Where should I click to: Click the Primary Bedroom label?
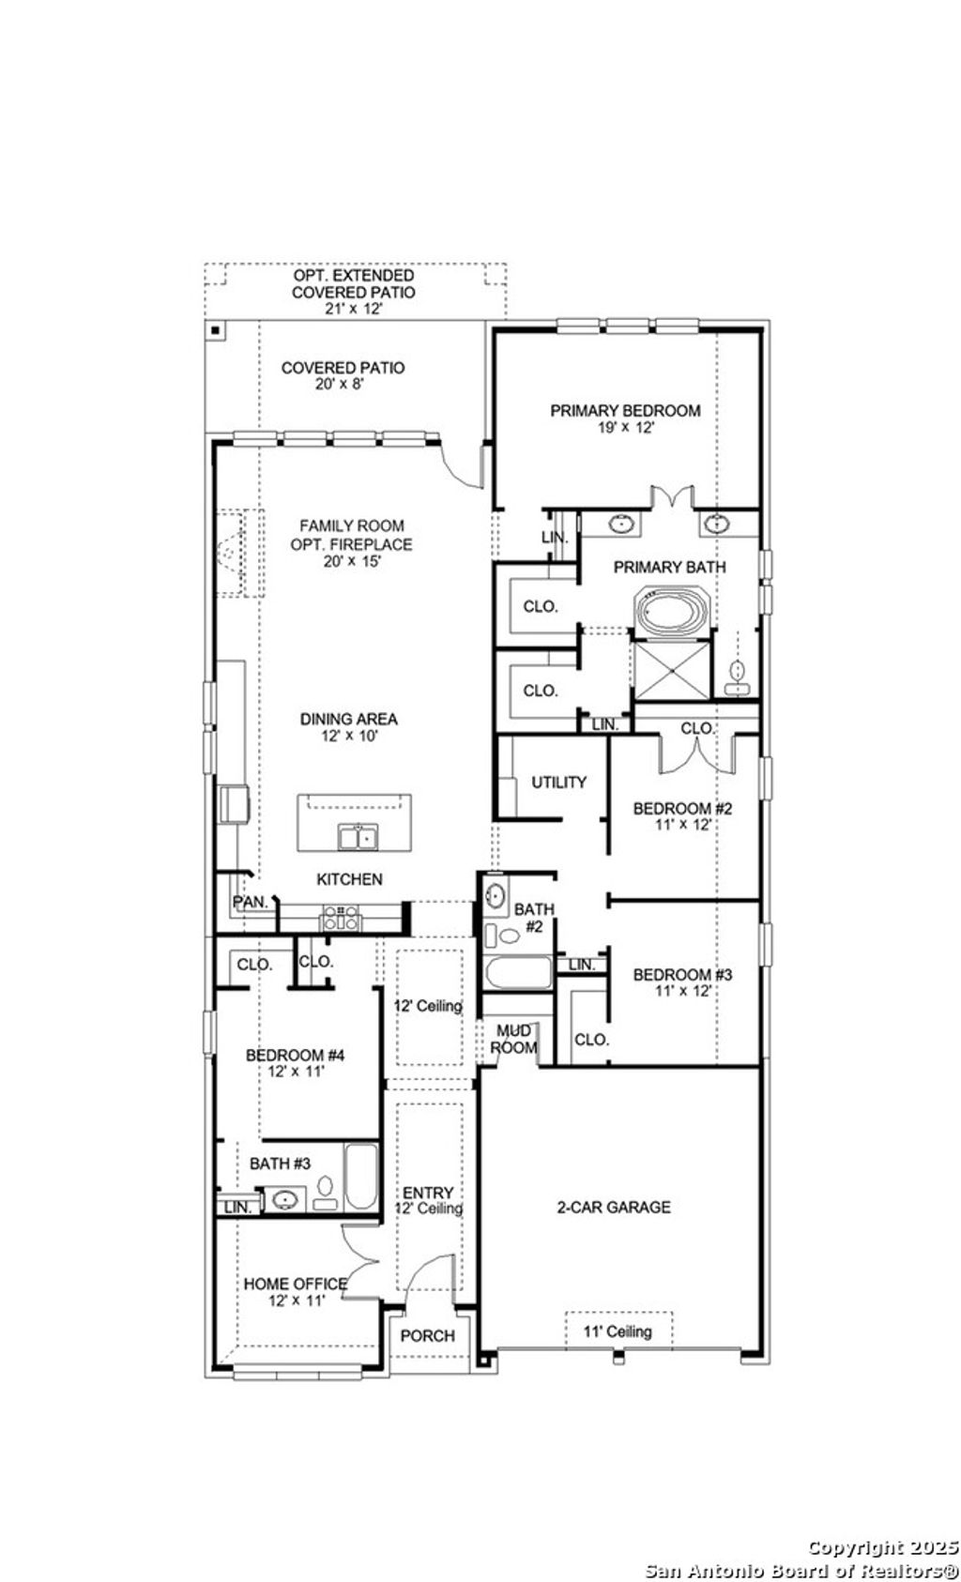pyautogui.click(x=625, y=410)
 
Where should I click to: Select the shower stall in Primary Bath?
pyautogui.click(x=672, y=670)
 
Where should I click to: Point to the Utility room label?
pyautogui.click(x=559, y=782)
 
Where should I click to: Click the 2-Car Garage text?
pyautogui.click(x=614, y=1207)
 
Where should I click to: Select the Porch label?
pyautogui.click(x=428, y=1335)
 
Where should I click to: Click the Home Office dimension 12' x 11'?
pyautogui.click(x=296, y=1301)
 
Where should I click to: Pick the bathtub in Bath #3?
pyautogui.click(x=360, y=1177)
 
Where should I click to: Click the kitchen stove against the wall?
pyautogui.click(x=340, y=918)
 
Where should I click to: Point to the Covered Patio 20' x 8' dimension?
pyautogui.click(x=343, y=385)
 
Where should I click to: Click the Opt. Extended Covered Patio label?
pyautogui.click(x=353, y=284)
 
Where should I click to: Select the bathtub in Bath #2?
pyautogui.click(x=518, y=971)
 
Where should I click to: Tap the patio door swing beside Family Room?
pyautogui.click(x=464, y=465)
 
